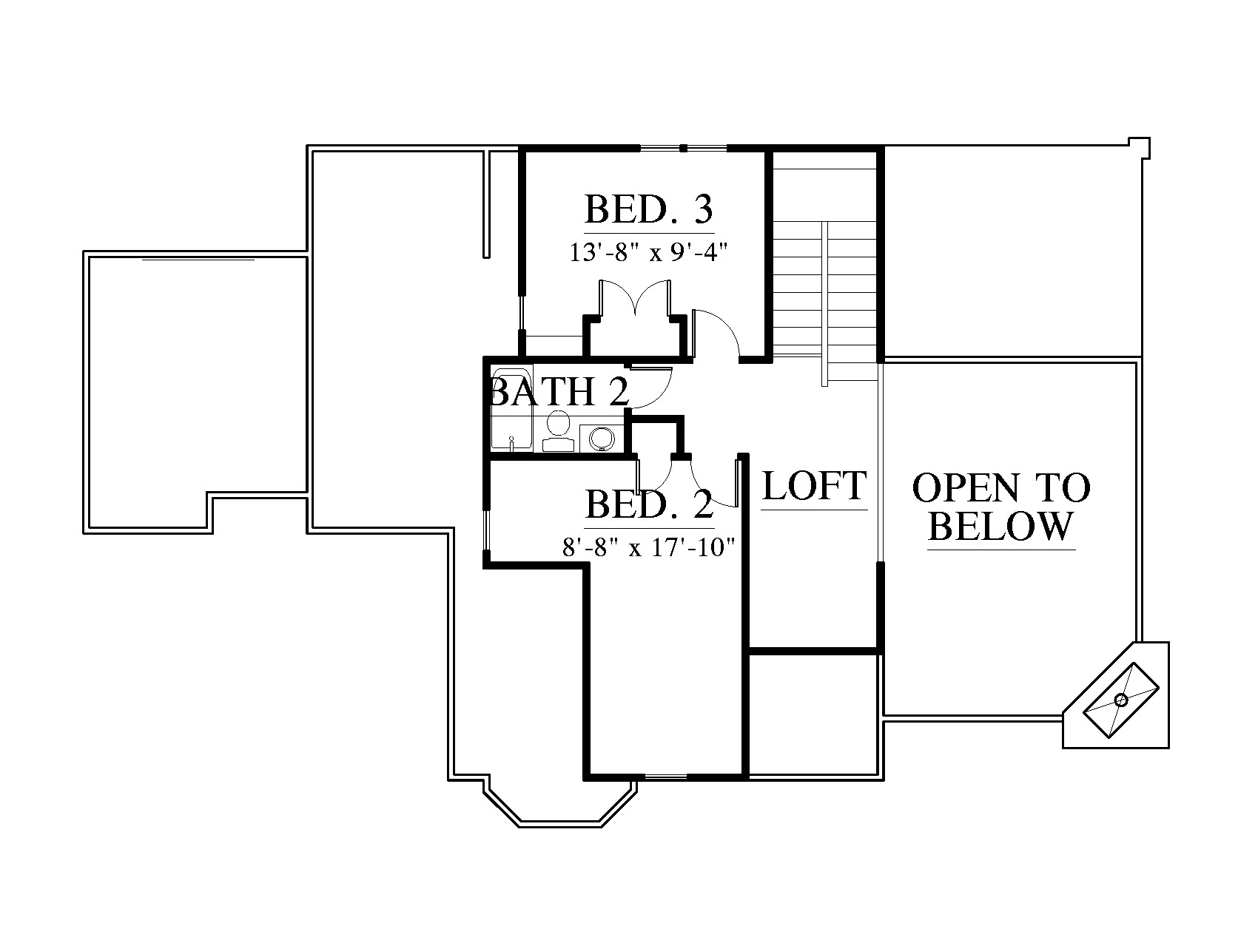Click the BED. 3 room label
click(x=649, y=209)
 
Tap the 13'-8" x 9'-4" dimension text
click(x=649, y=253)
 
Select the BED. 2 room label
click(x=649, y=505)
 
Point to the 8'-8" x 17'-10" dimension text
click(x=649, y=548)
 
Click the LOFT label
click(x=814, y=486)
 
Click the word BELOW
click(x=1000, y=526)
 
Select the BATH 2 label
click(x=560, y=392)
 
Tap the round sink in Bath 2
click(x=599, y=438)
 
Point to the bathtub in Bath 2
click(x=511, y=408)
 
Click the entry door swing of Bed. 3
click(x=716, y=332)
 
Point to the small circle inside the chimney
click(x=1120, y=700)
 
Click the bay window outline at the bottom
click(x=560, y=803)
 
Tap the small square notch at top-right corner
click(x=1139, y=148)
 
